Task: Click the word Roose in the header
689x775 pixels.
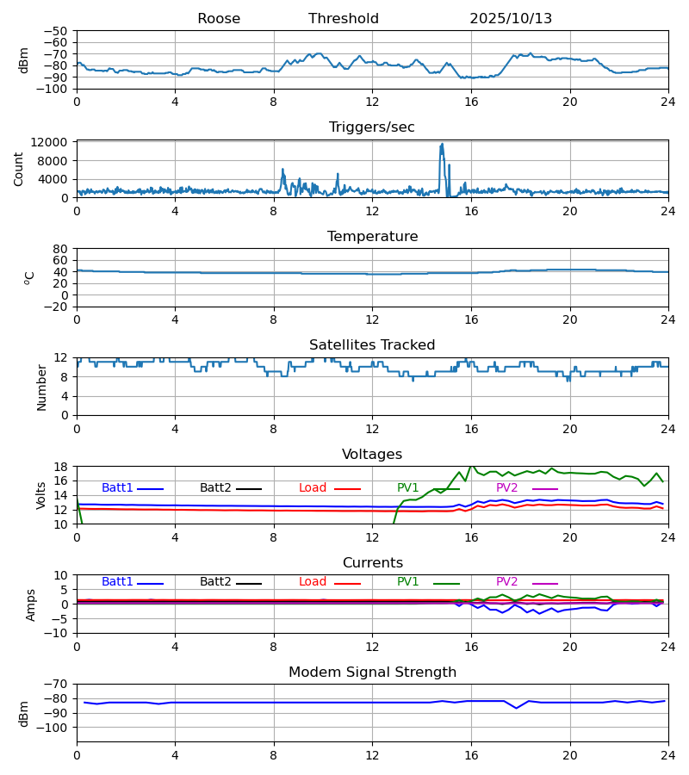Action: tap(219, 19)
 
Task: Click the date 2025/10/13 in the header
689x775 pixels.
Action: tap(511, 19)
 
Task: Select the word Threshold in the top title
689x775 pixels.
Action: tap(344, 19)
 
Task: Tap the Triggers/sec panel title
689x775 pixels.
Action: tap(372, 127)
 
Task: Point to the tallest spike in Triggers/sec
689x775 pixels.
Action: tap(442, 145)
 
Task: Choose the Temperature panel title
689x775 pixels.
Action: tap(372, 237)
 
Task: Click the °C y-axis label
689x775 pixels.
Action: tap(29, 277)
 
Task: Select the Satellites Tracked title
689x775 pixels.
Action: tap(372, 345)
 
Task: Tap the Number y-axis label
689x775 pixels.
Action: tap(42, 387)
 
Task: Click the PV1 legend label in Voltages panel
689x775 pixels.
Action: tap(409, 488)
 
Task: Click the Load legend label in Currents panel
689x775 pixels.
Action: tap(313, 582)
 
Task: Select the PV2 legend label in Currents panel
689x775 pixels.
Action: tap(507, 582)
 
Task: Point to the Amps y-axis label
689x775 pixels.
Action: tap(32, 604)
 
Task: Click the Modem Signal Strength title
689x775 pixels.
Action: tap(372, 673)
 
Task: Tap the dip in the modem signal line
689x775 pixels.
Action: tap(517, 708)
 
